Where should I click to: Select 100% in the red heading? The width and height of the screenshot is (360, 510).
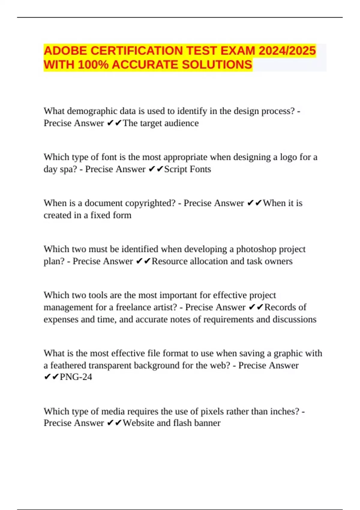coord(93,64)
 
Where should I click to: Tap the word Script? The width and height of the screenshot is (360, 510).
coord(176,169)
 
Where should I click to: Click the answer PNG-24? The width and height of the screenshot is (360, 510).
coord(76,377)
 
